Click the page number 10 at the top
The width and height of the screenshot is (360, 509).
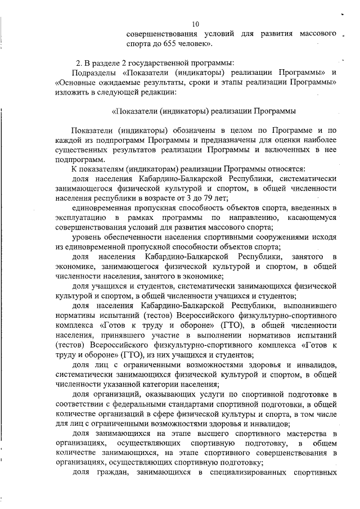pos(196,24)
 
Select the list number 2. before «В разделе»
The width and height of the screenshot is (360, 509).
pos(79,62)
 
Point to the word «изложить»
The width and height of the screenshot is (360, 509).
pos(71,92)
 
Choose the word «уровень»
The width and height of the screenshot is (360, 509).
pos(87,237)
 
